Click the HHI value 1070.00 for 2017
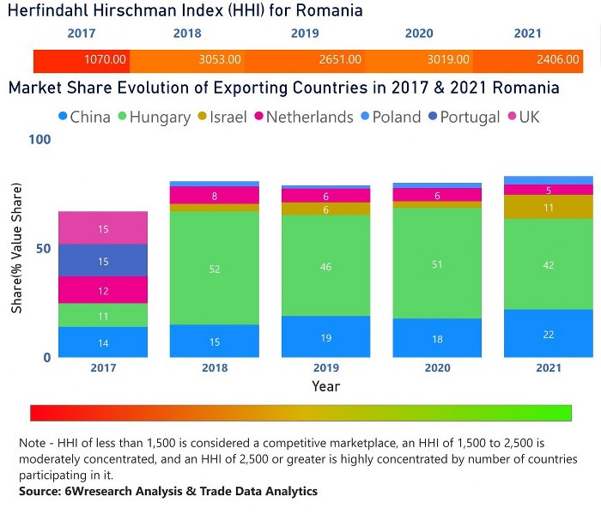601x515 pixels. tap(105, 60)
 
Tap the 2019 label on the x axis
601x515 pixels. tap(326, 367)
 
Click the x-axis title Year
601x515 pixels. tap(326, 386)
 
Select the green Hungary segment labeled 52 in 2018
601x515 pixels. tap(215, 268)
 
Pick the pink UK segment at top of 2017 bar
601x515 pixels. tap(103, 228)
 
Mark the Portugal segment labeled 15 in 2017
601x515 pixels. tap(103, 260)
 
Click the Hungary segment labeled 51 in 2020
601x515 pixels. tap(438, 264)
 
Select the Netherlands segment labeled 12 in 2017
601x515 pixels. tap(103, 290)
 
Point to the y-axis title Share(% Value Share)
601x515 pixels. tap(16, 248)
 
